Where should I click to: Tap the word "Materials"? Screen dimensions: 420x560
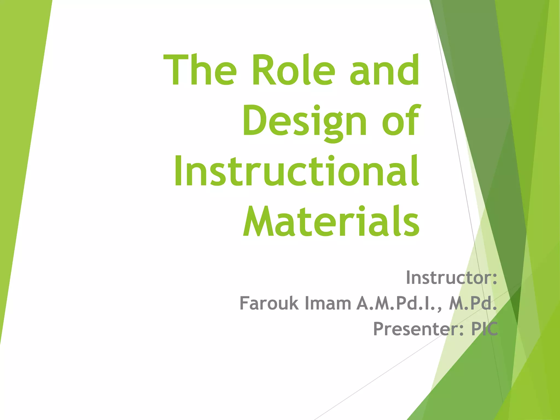(x=331, y=221)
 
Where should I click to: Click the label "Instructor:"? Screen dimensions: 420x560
(x=451, y=278)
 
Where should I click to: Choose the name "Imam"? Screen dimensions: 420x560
(x=328, y=303)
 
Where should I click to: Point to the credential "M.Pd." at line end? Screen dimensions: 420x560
(x=473, y=303)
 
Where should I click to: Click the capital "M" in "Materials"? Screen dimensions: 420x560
(x=259, y=221)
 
